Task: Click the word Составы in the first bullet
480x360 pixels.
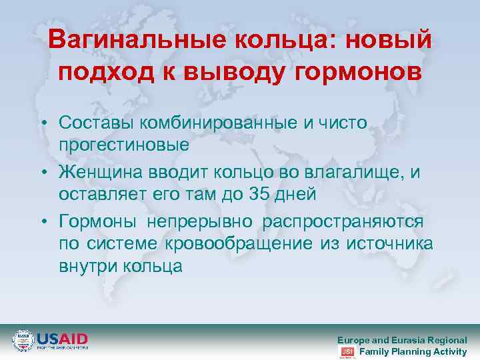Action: coord(97,122)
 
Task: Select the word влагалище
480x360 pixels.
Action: coord(353,173)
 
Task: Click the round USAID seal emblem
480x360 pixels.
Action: coord(23,341)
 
